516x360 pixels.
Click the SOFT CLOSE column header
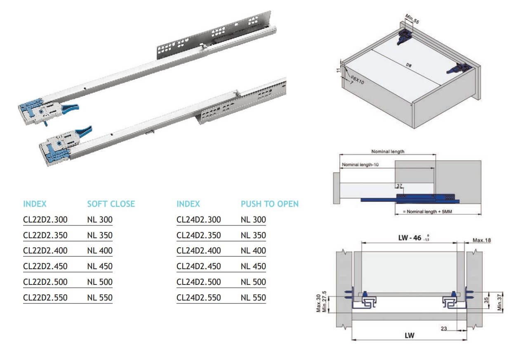[111, 204]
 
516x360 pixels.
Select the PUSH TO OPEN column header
[270, 204]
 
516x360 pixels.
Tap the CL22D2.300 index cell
[45, 220]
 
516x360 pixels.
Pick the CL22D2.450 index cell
[45, 266]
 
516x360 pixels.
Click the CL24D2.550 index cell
[199, 298]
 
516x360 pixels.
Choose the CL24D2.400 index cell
[199, 251]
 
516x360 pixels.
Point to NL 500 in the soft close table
[100, 282]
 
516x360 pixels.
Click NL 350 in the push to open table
[253, 235]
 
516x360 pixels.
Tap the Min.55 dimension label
[412, 19]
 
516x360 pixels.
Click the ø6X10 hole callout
[357, 79]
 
